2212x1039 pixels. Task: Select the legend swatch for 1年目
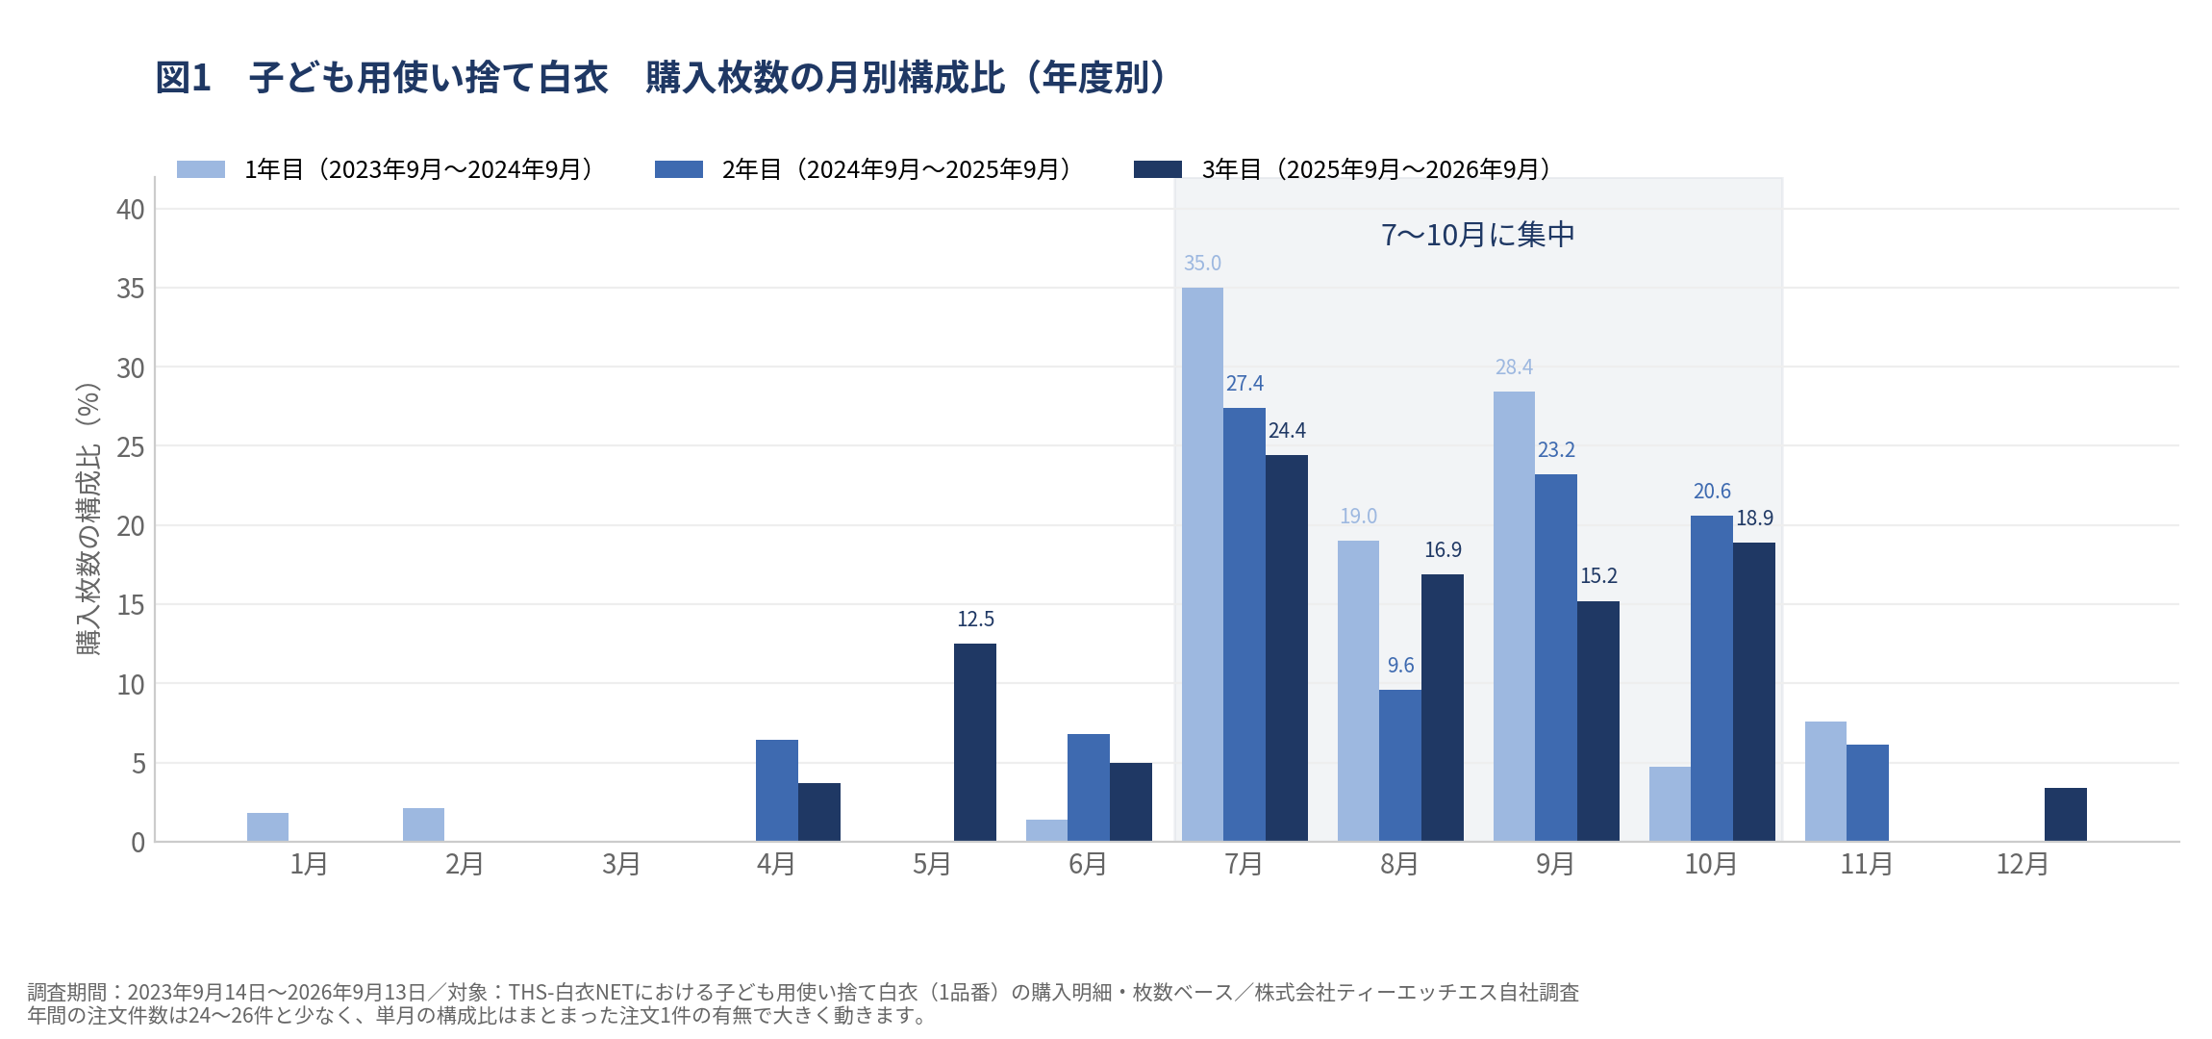point(201,169)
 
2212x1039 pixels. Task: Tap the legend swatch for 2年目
point(679,169)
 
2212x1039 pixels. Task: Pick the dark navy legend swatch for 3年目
point(1158,169)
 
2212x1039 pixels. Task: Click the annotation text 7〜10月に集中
point(1478,235)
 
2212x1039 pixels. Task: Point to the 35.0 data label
point(1202,263)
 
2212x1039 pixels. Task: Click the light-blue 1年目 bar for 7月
point(1202,565)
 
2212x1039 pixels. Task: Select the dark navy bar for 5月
point(975,743)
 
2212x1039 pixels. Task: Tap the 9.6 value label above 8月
point(1400,665)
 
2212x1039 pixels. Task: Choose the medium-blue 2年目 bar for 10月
point(1712,678)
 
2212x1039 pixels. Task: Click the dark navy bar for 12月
point(2066,815)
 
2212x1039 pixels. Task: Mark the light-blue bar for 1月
point(267,827)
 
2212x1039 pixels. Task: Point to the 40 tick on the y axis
point(131,210)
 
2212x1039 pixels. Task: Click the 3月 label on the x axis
point(621,864)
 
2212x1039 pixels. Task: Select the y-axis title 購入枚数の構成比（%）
point(88,519)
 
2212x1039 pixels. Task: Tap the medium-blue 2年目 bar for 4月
point(777,791)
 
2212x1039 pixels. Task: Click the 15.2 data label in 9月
point(1598,575)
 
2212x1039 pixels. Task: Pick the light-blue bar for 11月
point(1825,781)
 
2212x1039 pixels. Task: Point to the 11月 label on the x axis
point(1867,864)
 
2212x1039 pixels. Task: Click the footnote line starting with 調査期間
point(803,992)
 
